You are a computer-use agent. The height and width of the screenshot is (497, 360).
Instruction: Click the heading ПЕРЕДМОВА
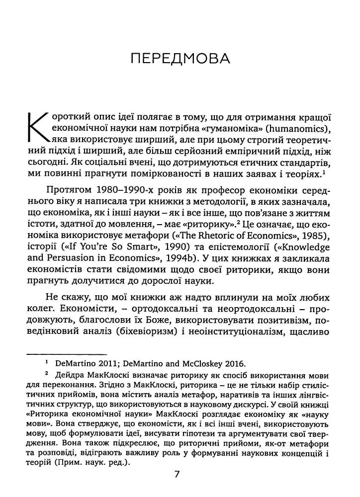pos(180,60)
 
